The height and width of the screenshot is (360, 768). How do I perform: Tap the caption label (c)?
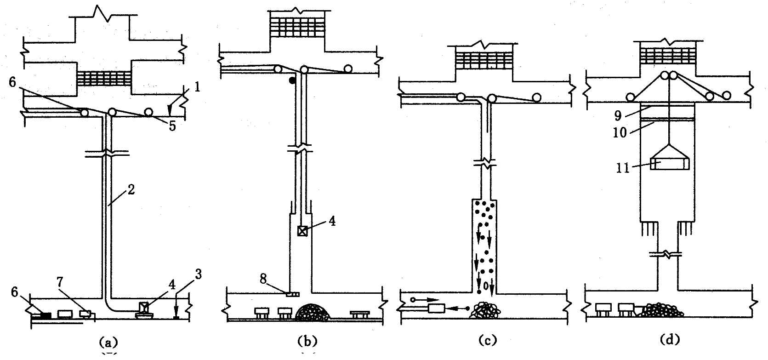tap(487, 340)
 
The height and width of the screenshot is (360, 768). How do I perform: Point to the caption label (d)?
tap(669, 340)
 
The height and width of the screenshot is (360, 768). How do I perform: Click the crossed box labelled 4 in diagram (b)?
tap(302, 231)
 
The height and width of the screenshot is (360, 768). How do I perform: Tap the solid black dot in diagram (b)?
tap(291, 80)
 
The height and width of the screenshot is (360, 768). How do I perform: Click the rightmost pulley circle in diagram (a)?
tap(148, 112)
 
